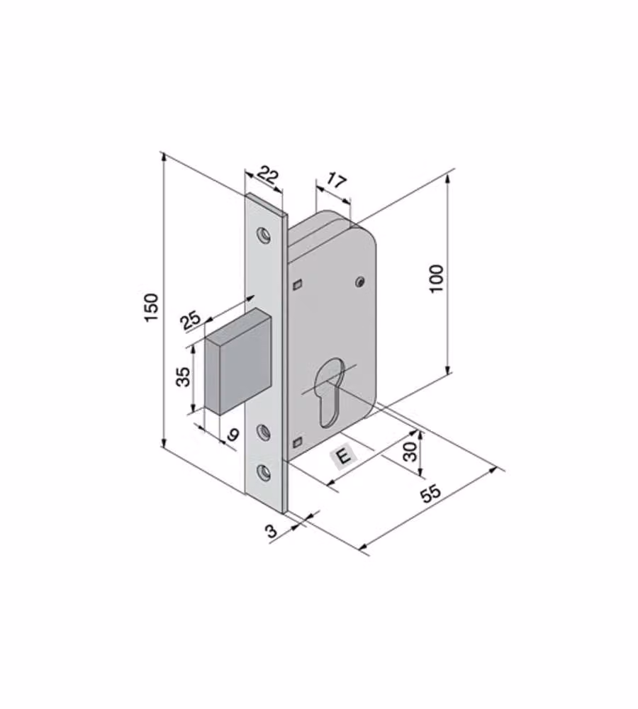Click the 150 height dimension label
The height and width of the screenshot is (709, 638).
coord(152,308)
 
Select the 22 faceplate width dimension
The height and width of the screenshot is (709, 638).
coord(268,174)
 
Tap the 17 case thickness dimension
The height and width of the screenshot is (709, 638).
coord(337,181)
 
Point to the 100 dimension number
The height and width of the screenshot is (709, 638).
coord(437,279)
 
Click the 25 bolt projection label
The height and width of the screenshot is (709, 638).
coord(191,320)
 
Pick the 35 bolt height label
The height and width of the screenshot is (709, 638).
coord(183,376)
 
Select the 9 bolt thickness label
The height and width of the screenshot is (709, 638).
coord(233,435)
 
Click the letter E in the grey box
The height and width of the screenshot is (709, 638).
coord(344,455)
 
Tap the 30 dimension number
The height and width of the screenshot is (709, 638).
coord(410,451)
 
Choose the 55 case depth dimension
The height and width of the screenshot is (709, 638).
coord(430,493)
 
